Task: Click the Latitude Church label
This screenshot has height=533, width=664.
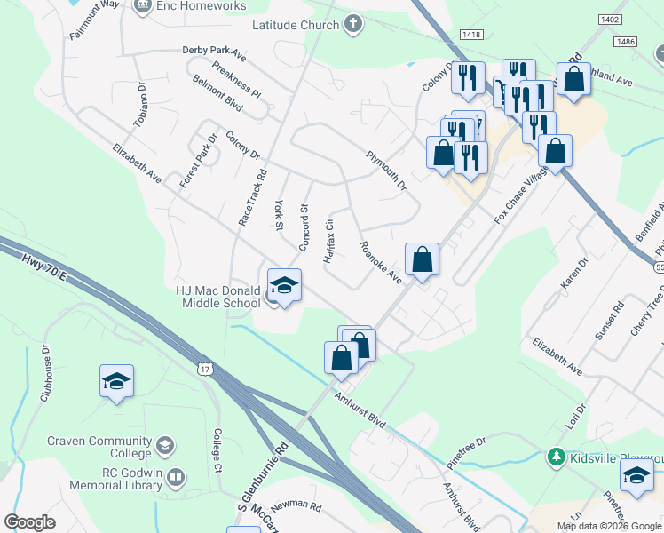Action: [x=296, y=25]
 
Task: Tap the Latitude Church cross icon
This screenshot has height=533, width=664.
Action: [x=353, y=24]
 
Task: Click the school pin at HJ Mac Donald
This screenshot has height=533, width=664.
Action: [x=283, y=285]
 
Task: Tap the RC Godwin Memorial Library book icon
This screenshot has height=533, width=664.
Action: [x=176, y=479]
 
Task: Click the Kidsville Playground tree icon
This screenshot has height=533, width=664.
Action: [x=557, y=457]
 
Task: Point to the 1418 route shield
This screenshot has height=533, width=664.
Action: [x=471, y=34]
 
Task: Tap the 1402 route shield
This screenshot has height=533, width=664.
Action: [x=609, y=19]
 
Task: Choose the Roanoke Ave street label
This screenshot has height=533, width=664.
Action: [x=381, y=262]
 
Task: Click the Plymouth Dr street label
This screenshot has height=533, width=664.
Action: [x=385, y=170]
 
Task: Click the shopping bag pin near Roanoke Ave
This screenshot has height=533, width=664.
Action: [x=423, y=259]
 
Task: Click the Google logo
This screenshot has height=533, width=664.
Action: [x=29, y=522]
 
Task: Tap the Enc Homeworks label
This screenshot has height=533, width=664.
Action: [x=202, y=6]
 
